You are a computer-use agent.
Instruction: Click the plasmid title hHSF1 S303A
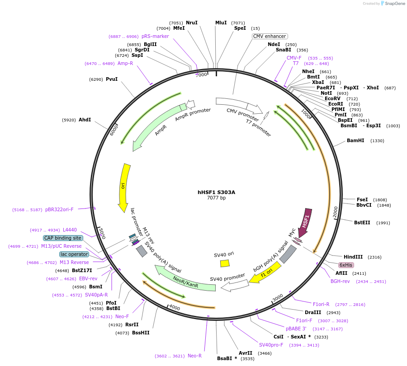click(x=216, y=192)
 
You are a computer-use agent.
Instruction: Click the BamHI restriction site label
click(x=355, y=141)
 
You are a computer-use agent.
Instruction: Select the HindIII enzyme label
click(x=353, y=257)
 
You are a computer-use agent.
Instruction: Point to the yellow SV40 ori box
click(x=225, y=263)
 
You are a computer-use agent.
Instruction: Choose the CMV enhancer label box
click(x=270, y=36)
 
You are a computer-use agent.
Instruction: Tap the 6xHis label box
click(x=346, y=265)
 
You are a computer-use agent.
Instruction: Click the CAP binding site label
click(x=63, y=238)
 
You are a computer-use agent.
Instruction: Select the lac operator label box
click(x=74, y=254)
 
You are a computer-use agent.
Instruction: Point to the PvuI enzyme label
click(x=112, y=79)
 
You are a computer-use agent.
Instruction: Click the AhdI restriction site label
click(x=85, y=120)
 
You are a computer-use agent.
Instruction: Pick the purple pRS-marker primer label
click(x=155, y=36)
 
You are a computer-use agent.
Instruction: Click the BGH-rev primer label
click(x=340, y=281)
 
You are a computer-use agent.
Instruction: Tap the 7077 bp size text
click(x=216, y=198)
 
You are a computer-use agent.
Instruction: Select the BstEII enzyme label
click(x=362, y=222)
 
